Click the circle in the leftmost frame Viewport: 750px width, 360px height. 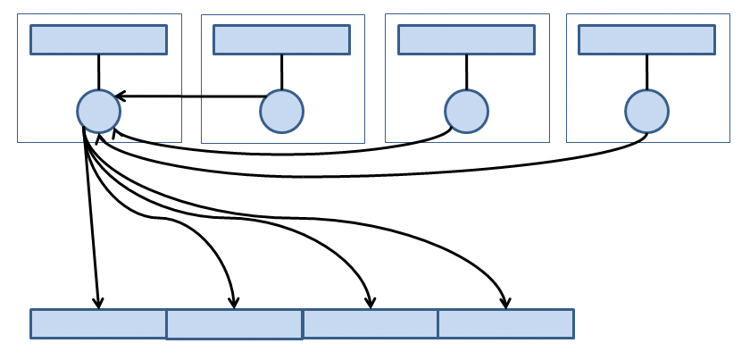(98, 112)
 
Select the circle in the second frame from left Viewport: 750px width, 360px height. (281, 112)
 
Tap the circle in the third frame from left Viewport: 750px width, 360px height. (466, 112)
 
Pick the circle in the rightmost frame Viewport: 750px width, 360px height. (646, 112)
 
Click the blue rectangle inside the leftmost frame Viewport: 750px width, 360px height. (98, 39)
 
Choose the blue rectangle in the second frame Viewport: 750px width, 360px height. (281, 39)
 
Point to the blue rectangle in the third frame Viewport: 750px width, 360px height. (466, 39)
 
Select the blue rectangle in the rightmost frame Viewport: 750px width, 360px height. (646, 39)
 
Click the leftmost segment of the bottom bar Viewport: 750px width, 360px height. (98, 323)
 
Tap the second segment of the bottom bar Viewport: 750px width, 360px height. (234, 324)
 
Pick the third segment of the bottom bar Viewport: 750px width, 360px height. (370, 323)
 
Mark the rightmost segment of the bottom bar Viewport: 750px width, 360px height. (505, 323)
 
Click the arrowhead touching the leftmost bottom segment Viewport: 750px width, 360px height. (98, 303)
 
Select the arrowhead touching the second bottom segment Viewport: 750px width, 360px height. (234, 303)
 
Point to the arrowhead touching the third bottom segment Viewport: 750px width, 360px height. (370, 303)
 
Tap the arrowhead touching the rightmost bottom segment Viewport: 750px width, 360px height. (505, 303)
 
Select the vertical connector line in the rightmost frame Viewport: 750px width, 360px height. (646, 71)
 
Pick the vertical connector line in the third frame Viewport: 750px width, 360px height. (466, 71)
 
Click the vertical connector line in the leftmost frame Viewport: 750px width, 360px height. (98, 71)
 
